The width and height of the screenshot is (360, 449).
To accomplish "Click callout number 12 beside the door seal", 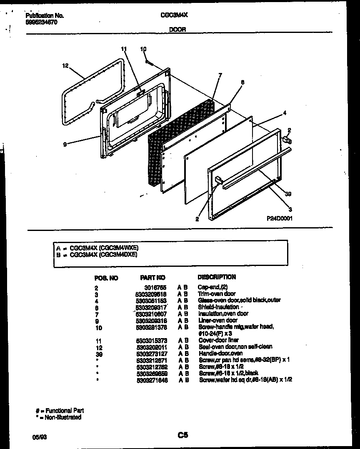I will point(65,65).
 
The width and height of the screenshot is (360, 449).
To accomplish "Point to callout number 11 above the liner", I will point(123,49).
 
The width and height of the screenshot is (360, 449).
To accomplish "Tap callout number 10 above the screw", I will point(143,49).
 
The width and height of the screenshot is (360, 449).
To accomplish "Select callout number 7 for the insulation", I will point(220,75).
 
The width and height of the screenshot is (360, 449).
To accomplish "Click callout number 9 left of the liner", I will point(65,144).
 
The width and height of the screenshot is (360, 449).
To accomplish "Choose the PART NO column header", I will point(152,278).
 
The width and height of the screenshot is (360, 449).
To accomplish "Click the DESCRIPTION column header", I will point(217,277).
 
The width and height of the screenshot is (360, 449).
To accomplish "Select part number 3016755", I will point(157,288).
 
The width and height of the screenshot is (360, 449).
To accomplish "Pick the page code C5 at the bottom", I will point(183,435).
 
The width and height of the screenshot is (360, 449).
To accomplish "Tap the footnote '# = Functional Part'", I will point(60,411).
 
